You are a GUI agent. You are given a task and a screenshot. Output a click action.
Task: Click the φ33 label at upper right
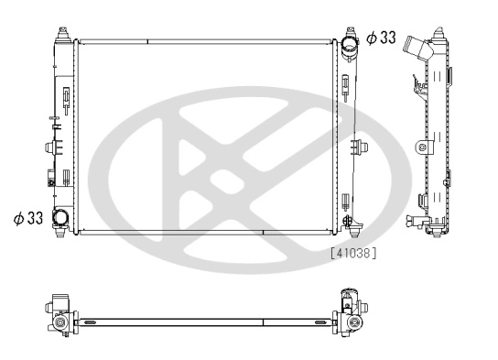pos(381,38)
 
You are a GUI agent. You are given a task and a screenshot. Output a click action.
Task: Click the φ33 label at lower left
pos(28,218)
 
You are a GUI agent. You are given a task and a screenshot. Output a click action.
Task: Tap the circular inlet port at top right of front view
pos(350,47)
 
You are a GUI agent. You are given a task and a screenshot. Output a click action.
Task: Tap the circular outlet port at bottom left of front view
pos(61,218)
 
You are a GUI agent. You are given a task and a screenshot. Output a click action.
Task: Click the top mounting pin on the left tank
pos(62,34)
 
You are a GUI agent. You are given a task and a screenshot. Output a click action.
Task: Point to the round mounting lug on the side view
pos(421,147)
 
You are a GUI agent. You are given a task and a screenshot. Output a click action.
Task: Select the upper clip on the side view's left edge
pos(417,86)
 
